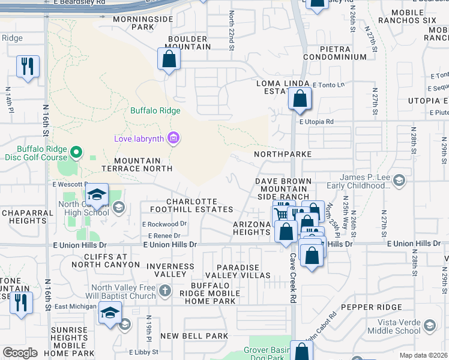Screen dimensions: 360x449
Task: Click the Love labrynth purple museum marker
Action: click(173, 139)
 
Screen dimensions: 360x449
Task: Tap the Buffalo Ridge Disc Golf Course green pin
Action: click(76, 153)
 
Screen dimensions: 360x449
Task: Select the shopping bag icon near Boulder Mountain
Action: click(169, 59)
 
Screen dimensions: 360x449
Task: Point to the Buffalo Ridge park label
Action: click(155, 111)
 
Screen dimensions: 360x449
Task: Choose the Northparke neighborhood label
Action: click(283, 154)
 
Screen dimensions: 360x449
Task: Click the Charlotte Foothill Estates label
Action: click(199, 205)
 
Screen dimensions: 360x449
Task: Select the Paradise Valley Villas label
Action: click(238, 271)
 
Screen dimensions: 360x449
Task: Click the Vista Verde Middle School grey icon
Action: click(429, 326)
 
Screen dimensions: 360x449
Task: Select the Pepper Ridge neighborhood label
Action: click(379, 307)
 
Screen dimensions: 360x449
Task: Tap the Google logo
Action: click(20, 353)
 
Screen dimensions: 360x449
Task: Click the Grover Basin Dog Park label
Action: click(267, 353)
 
